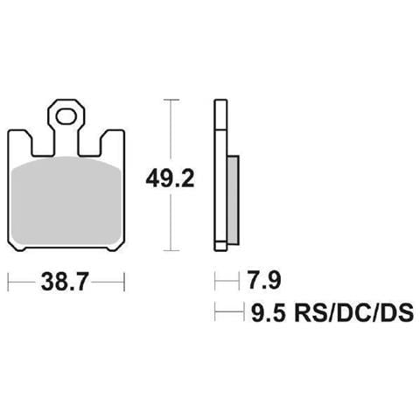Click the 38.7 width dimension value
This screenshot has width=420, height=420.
pos(65,282)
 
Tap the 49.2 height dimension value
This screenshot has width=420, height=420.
pos(170,178)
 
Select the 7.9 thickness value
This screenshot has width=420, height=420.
pos(264,280)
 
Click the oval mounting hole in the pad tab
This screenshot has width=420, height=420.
pos(66,116)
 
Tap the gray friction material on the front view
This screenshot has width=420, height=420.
pos(66,200)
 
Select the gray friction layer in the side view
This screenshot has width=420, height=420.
pos(233,199)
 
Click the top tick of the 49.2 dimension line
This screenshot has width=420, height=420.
pos(171,100)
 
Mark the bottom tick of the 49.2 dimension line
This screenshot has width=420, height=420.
pos(171,250)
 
